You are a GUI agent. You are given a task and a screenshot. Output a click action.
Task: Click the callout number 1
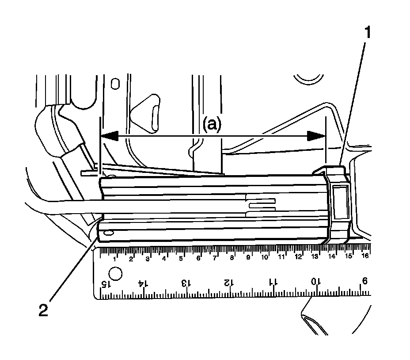tap(368, 33)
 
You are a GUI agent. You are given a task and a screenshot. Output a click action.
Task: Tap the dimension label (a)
tap(212, 125)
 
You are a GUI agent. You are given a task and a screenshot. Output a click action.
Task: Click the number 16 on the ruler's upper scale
tap(365, 256)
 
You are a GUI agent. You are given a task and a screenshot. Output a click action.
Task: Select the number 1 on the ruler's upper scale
tap(114, 259)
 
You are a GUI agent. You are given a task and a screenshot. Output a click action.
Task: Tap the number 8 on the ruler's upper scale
tap(231, 257)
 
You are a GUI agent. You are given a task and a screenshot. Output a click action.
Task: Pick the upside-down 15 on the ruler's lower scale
tap(105, 284)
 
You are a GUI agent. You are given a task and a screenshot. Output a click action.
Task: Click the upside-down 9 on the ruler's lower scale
tap(364, 280)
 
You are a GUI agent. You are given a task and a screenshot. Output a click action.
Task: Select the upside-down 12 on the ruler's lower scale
tap(228, 282)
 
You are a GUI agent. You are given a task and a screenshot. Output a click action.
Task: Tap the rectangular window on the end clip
tap(340, 202)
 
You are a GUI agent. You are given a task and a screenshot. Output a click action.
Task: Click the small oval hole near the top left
tap(115, 84)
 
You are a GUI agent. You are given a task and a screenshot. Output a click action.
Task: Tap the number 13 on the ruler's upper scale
tap(315, 257)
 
